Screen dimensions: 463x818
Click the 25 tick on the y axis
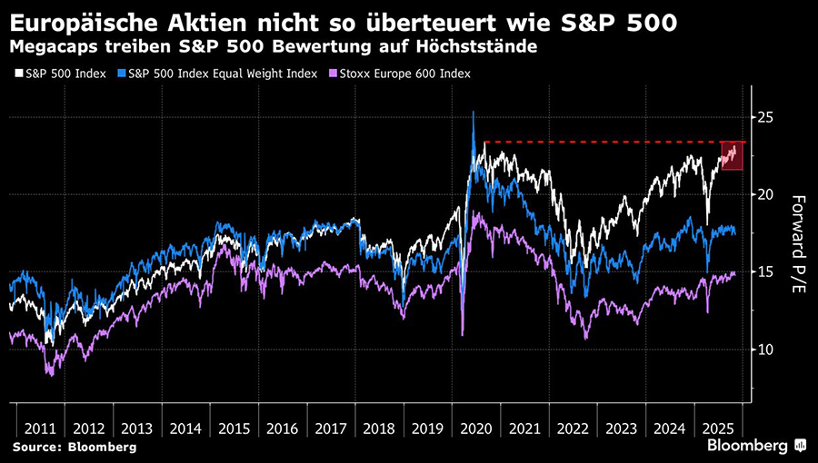tap(768, 117)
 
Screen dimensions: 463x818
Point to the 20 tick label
tap(768, 194)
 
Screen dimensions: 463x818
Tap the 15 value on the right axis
tap(768, 272)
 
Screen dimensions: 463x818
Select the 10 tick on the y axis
tap(768, 350)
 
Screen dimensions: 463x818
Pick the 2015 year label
tap(235, 427)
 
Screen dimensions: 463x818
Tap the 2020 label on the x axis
tap(476, 427)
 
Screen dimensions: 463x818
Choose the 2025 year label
tap(717, 427)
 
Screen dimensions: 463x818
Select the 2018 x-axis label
tap(380, 427)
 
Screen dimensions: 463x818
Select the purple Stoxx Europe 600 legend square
tap(334, 73)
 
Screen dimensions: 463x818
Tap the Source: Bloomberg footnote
tap(74, 448)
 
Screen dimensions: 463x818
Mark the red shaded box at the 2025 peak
tap(732, 155)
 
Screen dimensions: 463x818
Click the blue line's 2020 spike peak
tap(474, 113)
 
